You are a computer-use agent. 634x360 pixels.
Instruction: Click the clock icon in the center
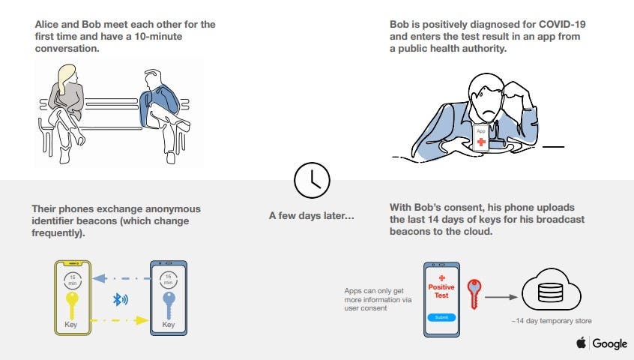[x=312, y=181]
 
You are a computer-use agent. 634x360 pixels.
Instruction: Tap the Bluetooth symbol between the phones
[x=120, y=300]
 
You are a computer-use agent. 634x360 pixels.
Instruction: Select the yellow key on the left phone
[x=71, y=305]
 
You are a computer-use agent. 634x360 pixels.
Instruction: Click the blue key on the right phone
[x=169, y=305]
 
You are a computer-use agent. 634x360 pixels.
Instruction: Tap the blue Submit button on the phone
[x=441, y=317]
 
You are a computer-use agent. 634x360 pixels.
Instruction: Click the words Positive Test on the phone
[x=441, y=291]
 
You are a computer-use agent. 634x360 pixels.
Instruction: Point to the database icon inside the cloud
[x=550, y=292]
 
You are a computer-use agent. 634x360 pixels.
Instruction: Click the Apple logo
[x=581, y=343]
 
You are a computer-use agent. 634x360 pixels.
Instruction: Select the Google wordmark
[x=610, y=343]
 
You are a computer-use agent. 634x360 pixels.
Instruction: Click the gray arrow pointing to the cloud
[x=501, y=297]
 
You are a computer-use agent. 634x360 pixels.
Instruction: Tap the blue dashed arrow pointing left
[x=121, y=278]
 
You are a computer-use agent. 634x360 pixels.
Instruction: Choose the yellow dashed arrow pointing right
[x=120, y=320]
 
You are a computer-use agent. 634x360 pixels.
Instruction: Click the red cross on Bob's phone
[x=481, y=142]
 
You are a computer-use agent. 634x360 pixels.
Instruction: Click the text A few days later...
[x=311, y=215]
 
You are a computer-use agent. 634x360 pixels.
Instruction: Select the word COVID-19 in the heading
[x=562, y=24]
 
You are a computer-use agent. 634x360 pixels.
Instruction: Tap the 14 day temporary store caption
[x=552, y=321]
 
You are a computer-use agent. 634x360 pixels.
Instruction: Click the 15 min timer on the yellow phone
[x=73, y=280]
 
